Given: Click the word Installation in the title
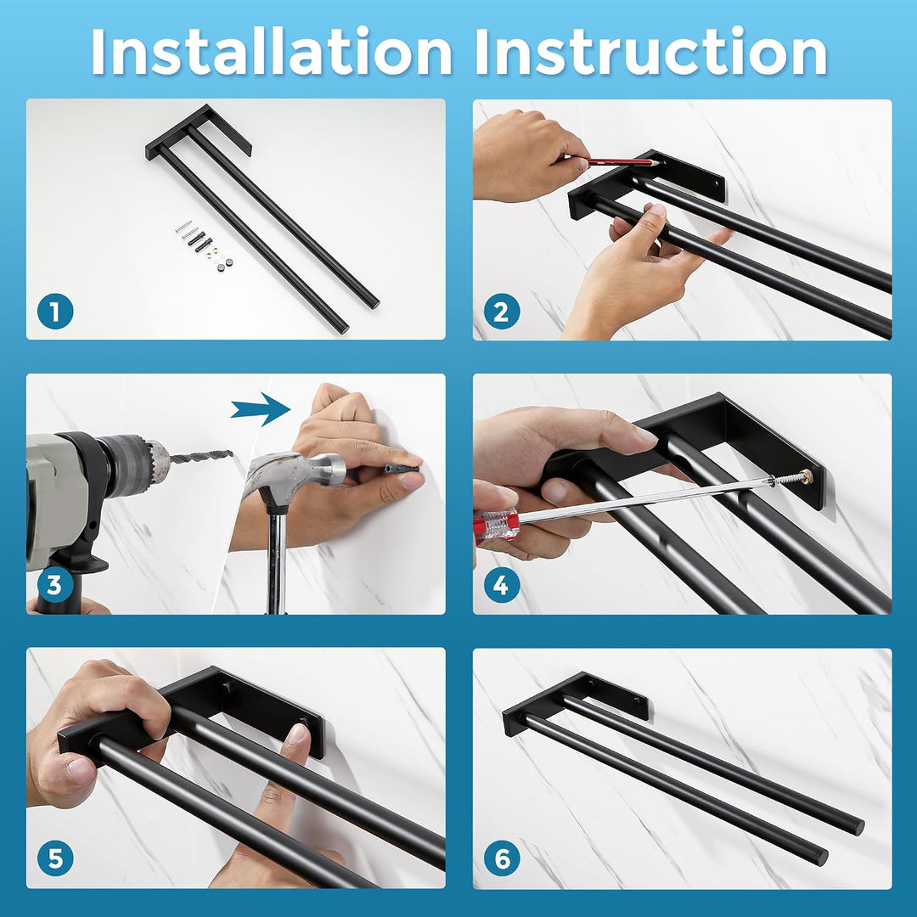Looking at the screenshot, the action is [272, 52].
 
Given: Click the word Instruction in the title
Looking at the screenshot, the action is [651, 52].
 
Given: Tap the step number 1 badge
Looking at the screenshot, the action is [55, 312].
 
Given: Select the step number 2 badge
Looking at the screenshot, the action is [502, 312].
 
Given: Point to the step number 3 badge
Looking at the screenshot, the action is [55, 585].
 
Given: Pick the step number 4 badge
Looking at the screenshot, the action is [502, 585].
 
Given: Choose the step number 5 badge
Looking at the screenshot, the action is [55, 858].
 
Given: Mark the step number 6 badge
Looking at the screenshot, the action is [502, 858].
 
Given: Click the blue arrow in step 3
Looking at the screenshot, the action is [261, 409].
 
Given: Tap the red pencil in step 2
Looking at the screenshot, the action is [621, 162].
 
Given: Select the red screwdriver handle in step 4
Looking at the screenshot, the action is [496, 526].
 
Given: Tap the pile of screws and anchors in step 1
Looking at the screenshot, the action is [204, 245].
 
